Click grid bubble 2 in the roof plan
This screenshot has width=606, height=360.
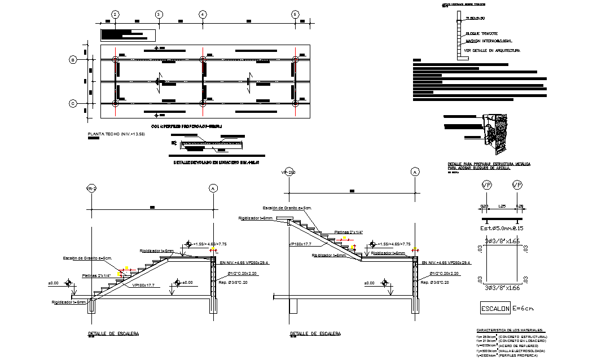click(115, 14)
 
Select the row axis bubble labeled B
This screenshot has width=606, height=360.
click(73, 59)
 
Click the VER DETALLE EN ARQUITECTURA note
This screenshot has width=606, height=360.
click(491, 50)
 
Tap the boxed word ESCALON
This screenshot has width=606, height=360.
click(495, 309)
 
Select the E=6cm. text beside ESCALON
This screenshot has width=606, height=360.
click(524, 308)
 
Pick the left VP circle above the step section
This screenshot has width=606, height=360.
click(486, 185)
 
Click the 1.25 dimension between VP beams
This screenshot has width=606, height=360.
click(502, 207)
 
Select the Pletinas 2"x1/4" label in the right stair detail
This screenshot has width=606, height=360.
click(348, 232)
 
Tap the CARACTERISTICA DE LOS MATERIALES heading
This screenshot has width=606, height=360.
click(510, 330)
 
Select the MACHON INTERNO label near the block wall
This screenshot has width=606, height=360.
click(489, 41)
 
